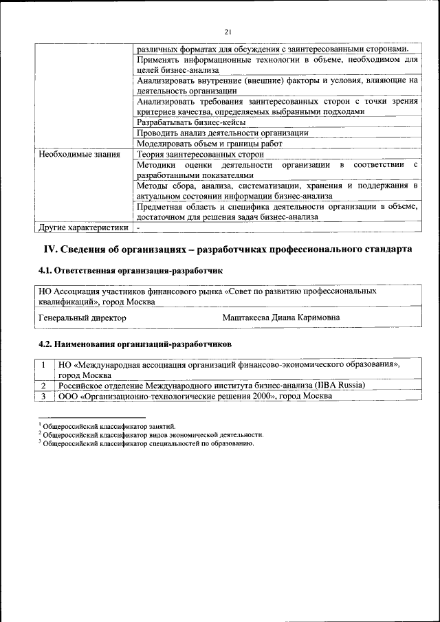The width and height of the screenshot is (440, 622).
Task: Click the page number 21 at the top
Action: pos(228,31)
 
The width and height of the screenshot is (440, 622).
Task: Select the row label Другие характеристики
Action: pos(83,227)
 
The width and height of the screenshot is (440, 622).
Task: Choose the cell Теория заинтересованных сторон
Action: pos(200,155)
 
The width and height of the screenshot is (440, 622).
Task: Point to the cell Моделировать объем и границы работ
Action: pos(209,144)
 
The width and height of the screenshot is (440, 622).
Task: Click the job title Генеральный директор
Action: pos(82,318)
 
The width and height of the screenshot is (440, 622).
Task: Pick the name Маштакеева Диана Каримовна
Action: pos(280,318)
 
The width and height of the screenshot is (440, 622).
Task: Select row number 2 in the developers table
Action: pos(43,386)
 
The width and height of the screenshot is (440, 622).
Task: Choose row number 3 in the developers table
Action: pos(43,396)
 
